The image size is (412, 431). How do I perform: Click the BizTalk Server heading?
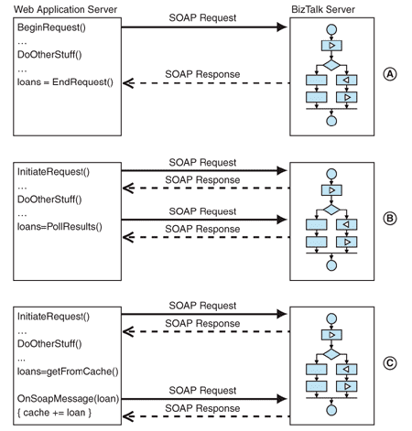click(325, 8)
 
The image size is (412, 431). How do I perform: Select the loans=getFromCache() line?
click(64, 372)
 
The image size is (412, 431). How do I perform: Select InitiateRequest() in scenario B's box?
click(50, 173)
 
